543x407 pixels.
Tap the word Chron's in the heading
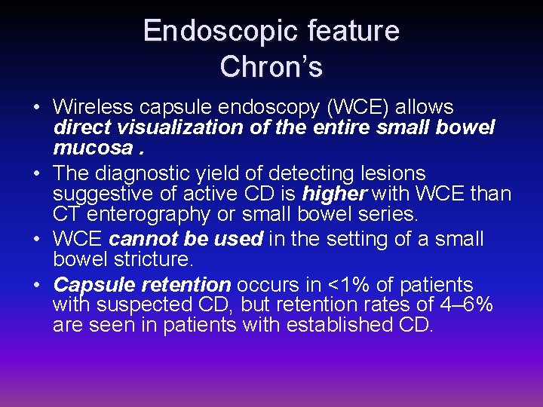coord(271,66)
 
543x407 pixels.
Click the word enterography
coord(153,213)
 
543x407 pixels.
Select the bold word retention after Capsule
coord(185,285)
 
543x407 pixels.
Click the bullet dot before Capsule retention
coord(38,286)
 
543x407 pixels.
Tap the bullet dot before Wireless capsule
coord(38,108)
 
